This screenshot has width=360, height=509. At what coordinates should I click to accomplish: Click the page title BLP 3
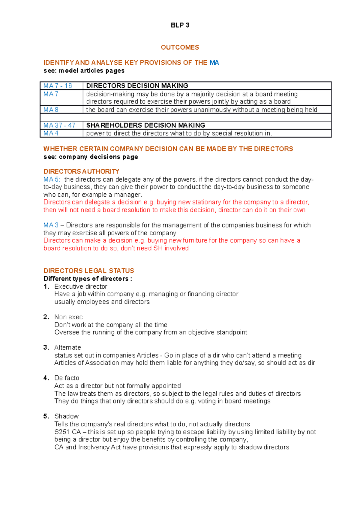pyautogui.click(x=180, y=25)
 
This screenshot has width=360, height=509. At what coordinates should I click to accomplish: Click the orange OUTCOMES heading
pyautogui.click(x=180, y=47)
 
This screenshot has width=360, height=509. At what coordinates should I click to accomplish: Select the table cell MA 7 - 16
pyautogui.click(x=58, y=86)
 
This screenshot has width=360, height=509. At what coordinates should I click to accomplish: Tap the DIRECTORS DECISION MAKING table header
pyautogui.click(x=137, y=86)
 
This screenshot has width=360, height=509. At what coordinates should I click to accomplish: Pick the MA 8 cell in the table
pyautogui.click(x=51, y=110)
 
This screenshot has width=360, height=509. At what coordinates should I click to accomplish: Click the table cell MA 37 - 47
pyautogui.click(x=59, y=125)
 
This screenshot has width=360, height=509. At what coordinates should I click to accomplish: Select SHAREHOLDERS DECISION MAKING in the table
pyautogui.click(x=145, y=125)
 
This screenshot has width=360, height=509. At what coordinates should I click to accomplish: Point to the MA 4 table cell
pyautogui.click(x=51, y=133)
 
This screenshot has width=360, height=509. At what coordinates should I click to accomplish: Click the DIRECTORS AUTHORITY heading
pyautogui.click(x=81, y=171)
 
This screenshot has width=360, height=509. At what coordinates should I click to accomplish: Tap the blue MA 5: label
pyautogui.click(x=52, y=179)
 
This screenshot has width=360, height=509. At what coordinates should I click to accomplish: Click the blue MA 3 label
pyautogui.click(x=51, y=225)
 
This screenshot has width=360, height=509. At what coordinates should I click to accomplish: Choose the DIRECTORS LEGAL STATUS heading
pyautogui.click(x=88, y=271)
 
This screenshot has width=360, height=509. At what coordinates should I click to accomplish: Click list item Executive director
pyautogui.click(x=80, y=287)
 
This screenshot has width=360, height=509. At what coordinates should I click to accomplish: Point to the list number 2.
pyautogui.click(x=46, y=317)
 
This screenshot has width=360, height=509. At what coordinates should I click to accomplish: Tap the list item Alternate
pyautogui.click(x=67, y=347)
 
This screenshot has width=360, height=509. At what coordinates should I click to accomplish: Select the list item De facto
pyautogui.click(x=67, y=378)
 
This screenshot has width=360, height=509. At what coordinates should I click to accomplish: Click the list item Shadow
pyautogui.click(x=66, y=416)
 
